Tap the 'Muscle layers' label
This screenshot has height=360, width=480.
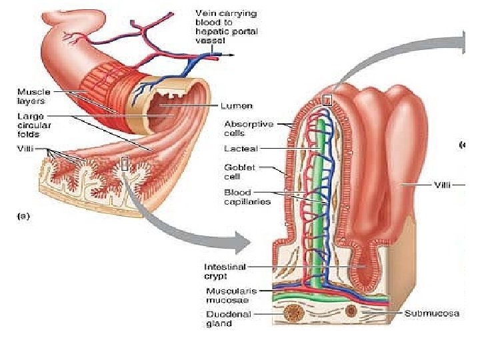31,97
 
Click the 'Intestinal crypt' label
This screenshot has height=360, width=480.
225,271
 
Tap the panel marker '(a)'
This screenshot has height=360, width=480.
23,215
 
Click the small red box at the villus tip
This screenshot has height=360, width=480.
327,100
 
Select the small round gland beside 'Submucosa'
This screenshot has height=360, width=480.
352,310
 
